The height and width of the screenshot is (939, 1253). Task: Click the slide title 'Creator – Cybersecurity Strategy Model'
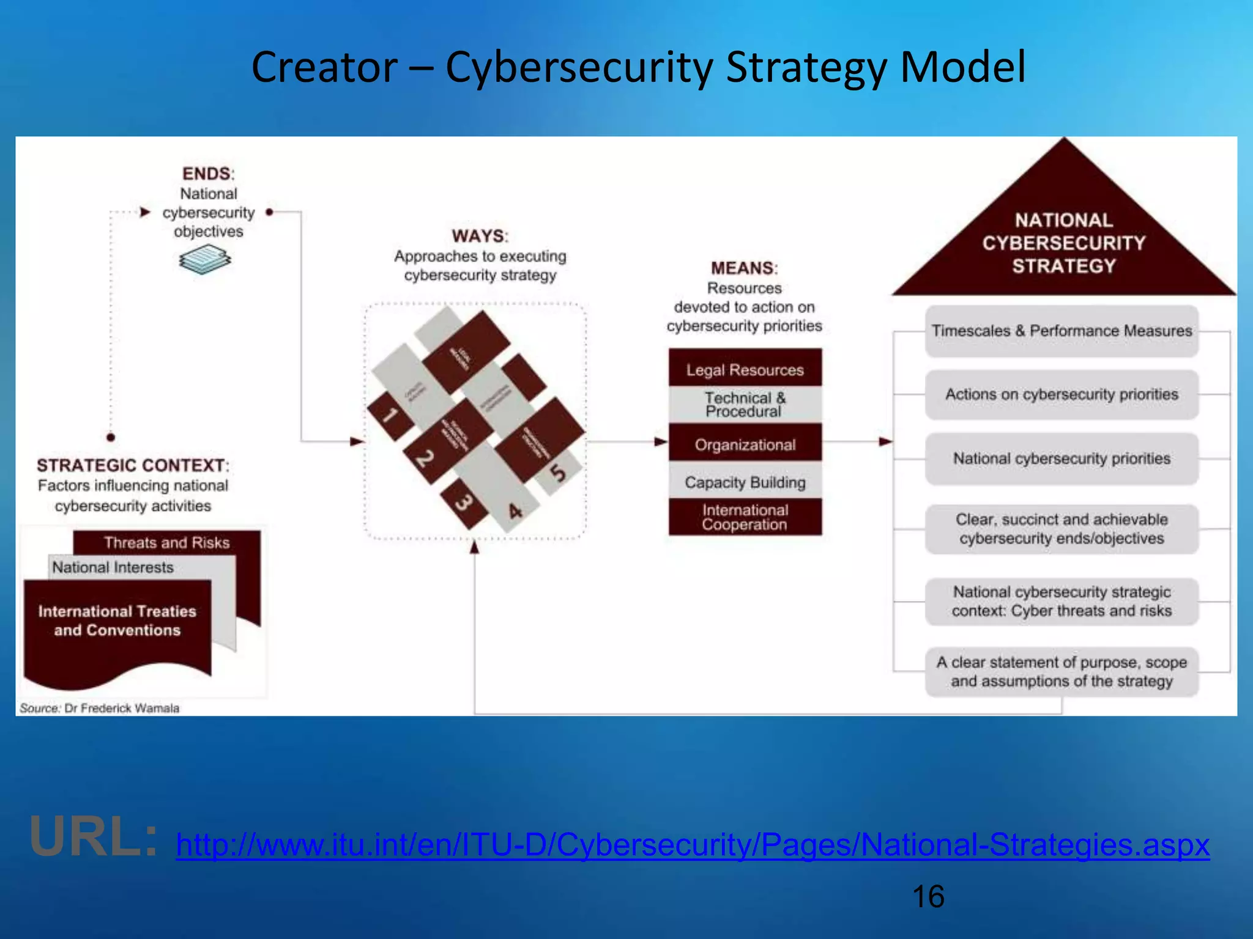coord(638,67)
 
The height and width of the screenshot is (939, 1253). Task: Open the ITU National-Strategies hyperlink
coord(693,845)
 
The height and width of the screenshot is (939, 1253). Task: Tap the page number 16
coord(928,897)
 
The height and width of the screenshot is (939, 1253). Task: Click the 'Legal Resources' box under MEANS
coord(745,369)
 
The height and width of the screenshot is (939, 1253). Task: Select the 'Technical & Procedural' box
coord(745,405)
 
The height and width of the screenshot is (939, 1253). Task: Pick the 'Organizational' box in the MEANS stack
coord(745,444)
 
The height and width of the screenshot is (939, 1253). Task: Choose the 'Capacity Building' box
coord(745,482)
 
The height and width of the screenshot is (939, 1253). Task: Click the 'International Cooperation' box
coord(745,517)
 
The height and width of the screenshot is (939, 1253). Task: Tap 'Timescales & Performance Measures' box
coord(1062,331)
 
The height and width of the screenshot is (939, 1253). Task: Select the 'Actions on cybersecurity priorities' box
coord(1062,394)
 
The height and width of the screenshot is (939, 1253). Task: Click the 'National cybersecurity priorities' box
coord(1062,458)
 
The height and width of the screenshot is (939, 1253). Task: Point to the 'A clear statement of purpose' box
coord(1062,671)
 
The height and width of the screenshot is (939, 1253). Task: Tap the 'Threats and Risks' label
coord(166,542)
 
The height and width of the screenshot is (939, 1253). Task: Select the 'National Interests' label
coord(113,567)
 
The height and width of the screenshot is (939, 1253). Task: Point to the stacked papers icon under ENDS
coord(205,259)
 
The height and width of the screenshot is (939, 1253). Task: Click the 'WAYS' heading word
coord(479,236)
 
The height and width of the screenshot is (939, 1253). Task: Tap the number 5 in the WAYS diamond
coord(557,473)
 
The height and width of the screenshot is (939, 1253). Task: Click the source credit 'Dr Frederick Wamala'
coord(122,708)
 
